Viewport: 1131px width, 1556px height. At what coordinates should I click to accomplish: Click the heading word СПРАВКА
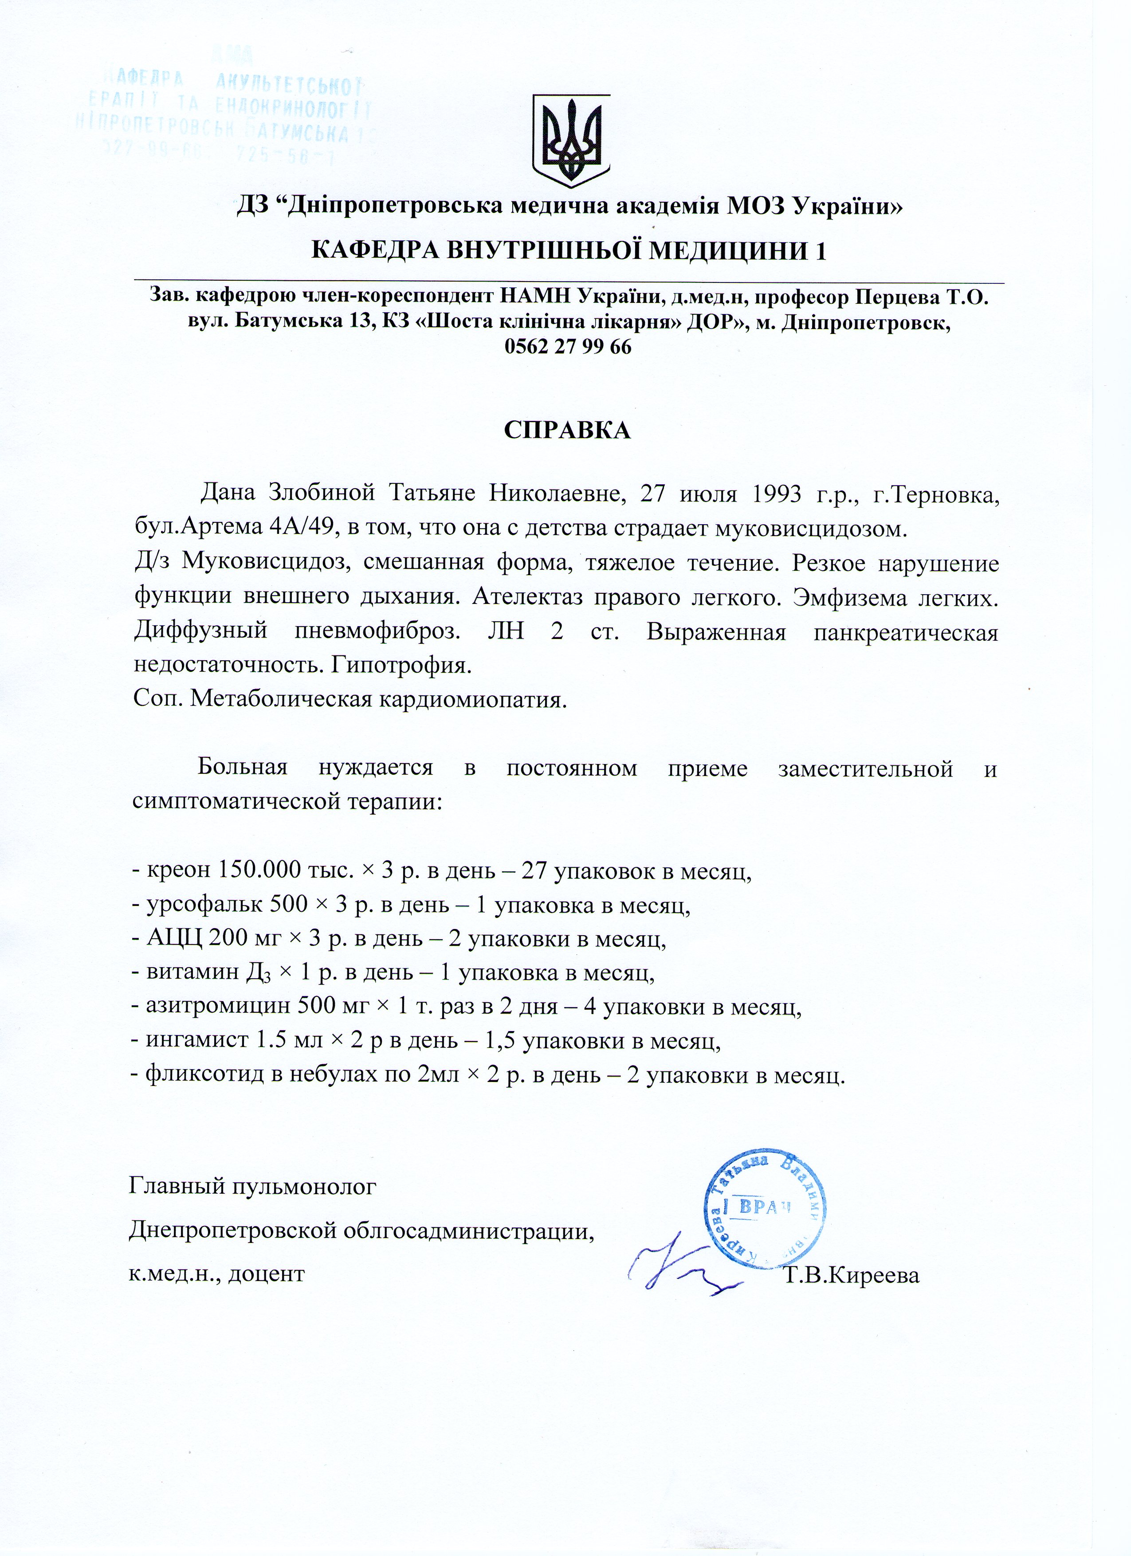click(x=567, y=430)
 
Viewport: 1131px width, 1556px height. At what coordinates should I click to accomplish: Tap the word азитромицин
click(x=218, y=1007)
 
